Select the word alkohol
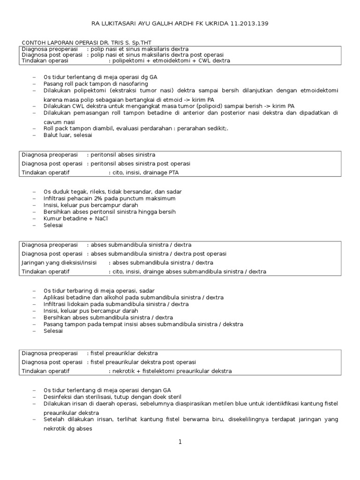coord(122,297)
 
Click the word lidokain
coord(87,304)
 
